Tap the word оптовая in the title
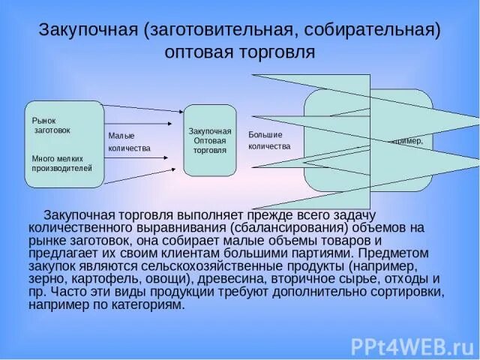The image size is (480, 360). coord(205,53)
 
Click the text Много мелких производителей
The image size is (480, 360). coord(61,163)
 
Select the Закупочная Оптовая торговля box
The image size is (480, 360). coord(210,140)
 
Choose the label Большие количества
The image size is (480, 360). coord(269,140)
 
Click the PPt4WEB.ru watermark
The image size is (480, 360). coord(411,346)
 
